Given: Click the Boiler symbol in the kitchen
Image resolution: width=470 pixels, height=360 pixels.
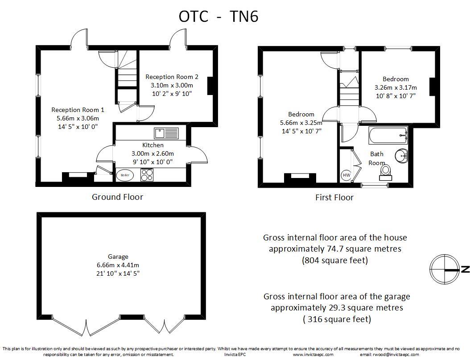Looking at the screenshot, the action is click(125, 175).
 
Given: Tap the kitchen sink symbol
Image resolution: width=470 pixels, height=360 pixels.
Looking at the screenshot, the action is click(166, 133).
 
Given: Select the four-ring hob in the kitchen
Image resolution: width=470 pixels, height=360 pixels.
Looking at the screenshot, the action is click(147, 175).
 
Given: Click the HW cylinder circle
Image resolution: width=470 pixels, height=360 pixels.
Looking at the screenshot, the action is click(346, 175).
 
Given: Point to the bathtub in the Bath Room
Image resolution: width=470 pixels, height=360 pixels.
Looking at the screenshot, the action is click(388, 136).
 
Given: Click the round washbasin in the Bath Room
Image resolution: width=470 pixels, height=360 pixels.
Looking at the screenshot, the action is click(401, 156).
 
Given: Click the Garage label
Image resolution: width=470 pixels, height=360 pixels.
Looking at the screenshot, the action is click(118, 257).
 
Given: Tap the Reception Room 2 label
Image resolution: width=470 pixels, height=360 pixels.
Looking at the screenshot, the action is click(172, 77).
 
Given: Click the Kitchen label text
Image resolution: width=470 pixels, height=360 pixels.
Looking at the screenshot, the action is click(153, 145).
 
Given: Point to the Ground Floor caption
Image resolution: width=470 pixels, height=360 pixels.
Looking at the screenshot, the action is click(118, 197).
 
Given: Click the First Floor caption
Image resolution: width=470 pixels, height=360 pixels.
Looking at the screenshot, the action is click(334, 197).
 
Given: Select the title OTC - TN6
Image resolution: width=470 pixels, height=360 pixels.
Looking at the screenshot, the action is click(219, 17).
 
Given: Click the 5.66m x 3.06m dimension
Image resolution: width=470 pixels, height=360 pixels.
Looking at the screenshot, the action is click(78, 118).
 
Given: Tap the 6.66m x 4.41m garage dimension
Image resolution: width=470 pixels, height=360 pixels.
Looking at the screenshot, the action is click(118, 265).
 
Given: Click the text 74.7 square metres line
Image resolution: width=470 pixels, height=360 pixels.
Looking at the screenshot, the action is click(335, 249).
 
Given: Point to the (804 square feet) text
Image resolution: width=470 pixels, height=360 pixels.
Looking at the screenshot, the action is click(335, 260).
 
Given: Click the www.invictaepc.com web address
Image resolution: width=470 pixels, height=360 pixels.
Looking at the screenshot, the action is click(313, 354).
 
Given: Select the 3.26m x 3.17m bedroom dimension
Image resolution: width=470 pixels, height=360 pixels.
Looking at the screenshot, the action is click(396, 87).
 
